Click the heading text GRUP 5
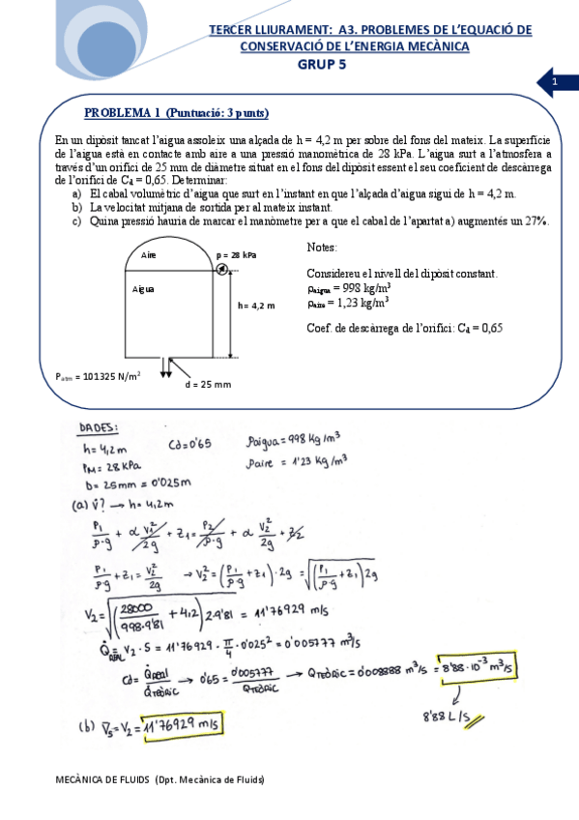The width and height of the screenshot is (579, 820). point(321,65)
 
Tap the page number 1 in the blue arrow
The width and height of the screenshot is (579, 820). point(555,84)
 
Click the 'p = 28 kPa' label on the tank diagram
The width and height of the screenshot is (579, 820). point(237,254)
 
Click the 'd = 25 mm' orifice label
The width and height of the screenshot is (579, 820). point(208,384)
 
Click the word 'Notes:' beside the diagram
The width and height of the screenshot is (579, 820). point(322,248)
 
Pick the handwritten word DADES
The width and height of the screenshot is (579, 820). point(101,426)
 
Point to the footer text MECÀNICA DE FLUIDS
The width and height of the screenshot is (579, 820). point(160,779)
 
